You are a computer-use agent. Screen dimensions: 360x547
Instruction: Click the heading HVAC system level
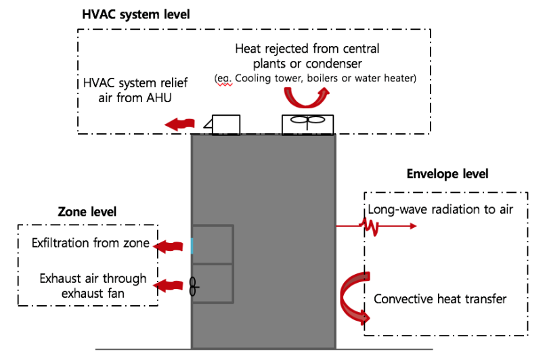click(x=136, y=14)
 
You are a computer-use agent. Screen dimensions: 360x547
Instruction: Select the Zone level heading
click(x=87, y=212)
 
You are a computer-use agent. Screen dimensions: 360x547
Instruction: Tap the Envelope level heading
click(x=447, y=174)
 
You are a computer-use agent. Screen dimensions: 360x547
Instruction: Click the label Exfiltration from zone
click(x=90, y=243)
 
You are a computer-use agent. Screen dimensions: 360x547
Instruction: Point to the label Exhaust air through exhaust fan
click(x=92, y=286)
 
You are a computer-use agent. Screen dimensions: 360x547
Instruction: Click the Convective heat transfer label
click(x=439, y=298)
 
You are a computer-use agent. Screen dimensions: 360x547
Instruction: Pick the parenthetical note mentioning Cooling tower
click(x=315, y=78)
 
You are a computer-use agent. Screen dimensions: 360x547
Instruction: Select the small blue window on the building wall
click(x=192, y=245)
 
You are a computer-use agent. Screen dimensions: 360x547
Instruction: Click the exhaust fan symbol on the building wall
click(x=194, y=287)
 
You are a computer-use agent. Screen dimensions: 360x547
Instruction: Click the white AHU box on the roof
click(x=225, y=125)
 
